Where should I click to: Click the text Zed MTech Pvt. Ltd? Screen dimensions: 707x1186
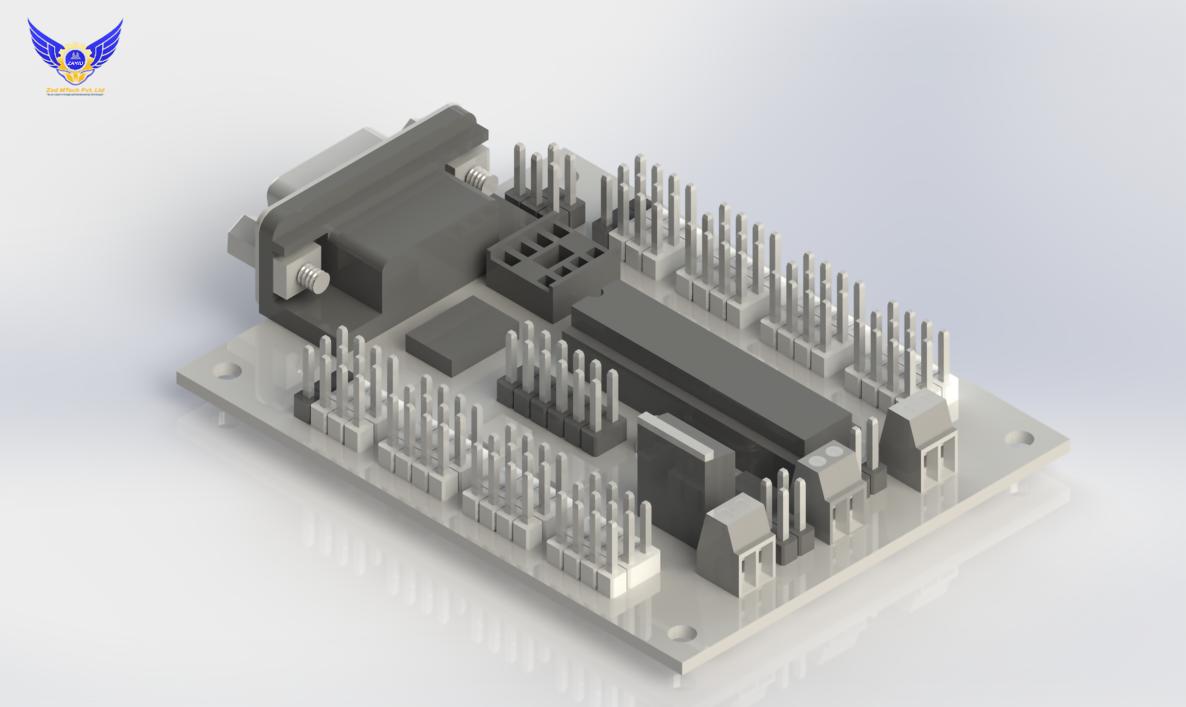[75, 90]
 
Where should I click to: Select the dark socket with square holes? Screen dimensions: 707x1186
[548, 264]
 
